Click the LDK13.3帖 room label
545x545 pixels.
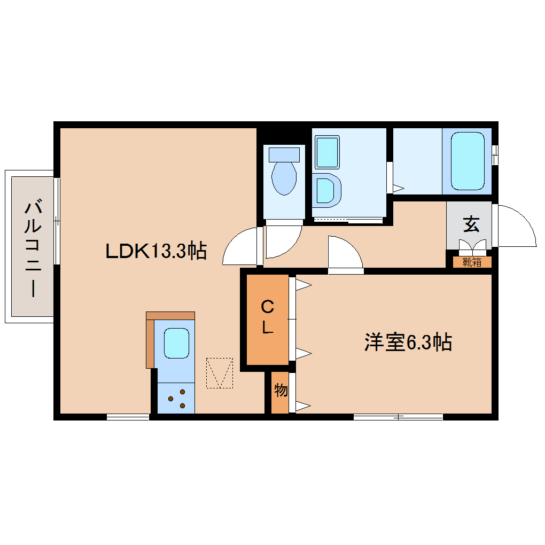click(156, 251)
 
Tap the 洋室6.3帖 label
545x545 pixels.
click(408, 342)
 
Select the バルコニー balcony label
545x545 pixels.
click(33, 247)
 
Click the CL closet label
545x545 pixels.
click(268, 317)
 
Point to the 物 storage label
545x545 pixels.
click(281, 391)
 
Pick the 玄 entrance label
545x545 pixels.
click(471, 224)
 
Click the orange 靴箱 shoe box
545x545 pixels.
click(472, 262)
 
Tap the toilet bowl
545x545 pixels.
click(284, 178)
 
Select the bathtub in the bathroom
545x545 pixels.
click(468, 161)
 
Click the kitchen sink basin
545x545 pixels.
click(176, 343)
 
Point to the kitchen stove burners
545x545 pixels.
click(177, 399)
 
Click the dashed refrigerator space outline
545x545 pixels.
click(219, 373)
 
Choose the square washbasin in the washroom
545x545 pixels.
click(327, 152)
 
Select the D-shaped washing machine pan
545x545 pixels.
click(326, 190)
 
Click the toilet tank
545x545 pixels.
click(284, 154)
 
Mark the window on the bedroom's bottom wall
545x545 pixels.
click(398, 417)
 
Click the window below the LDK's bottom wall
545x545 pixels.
click(128, 417)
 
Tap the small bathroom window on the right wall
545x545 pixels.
click(495, 154)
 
